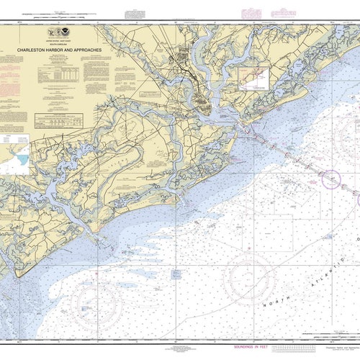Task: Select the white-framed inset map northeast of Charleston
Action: (254, 78)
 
